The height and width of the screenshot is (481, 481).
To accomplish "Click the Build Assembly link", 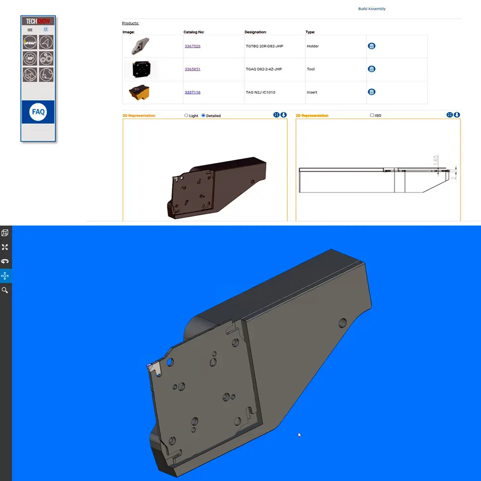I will pyautogui.click(x=371, y=9).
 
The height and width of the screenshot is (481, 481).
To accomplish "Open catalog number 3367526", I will pyautogui.click(x=192, y=46).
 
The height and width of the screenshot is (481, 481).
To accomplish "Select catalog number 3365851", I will pyautogui.click(x=192, y=69).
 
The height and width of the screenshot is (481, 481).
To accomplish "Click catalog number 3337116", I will pyautogui.click(x=192, y=92).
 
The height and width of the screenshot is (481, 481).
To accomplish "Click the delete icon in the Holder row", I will pyautogui.click(x=371, y=46).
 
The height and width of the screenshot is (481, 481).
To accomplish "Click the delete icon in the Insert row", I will pyautogui.click(x=371, y=92).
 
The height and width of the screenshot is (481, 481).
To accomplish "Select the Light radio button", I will pyautogui.click(x=187, y=116).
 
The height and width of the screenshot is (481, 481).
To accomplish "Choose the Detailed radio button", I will pyautogui.click(x=203, y=116).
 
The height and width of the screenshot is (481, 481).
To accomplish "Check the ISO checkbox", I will pyautogui.click(x=372, y=115).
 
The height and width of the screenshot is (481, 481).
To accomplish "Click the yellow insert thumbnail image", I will pyautogui.click(x=139, y=92).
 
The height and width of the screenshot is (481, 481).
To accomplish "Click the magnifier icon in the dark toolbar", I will pyautogui.click(x=5, y=291).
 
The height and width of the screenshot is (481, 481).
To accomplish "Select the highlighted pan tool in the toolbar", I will pyautogui.click(x=5, y=276).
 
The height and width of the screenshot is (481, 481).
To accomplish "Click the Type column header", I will pyautogui.click(x=310, y=32).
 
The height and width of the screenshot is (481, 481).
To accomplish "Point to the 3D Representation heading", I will pyautogui.click(x=139, y=116).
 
